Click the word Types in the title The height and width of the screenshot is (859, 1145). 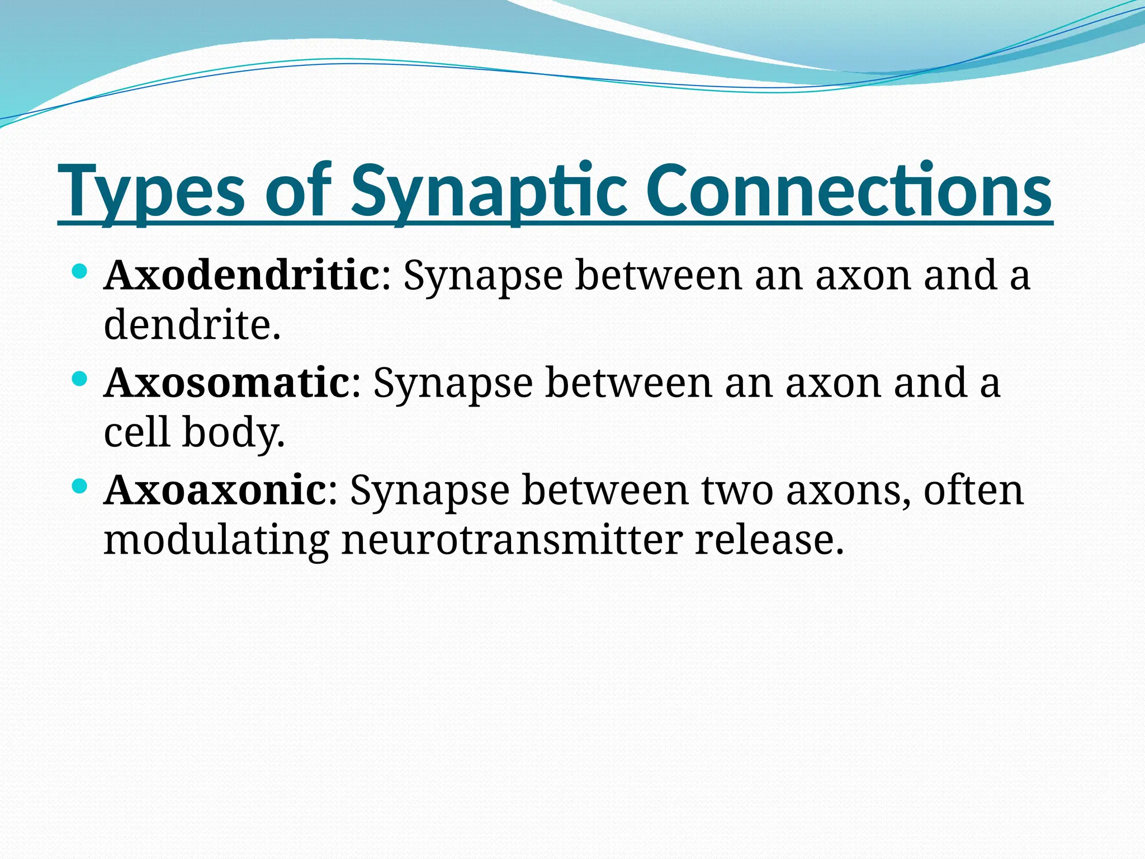(x=151, y=191)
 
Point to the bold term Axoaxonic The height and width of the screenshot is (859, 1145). (x=215, y=490)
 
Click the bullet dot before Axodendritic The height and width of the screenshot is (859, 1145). (x=80, y=272)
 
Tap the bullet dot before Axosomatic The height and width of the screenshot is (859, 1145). (x=80, y=380)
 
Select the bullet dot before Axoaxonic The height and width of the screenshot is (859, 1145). (x=80, y=487)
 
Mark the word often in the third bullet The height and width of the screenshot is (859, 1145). (x=973, y=490)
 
